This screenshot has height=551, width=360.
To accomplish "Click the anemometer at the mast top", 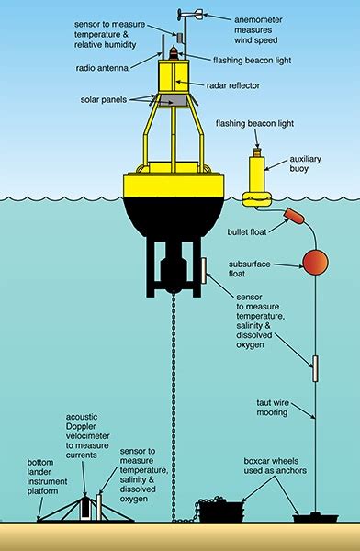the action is point(190,14).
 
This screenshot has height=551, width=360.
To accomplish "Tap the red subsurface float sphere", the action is point(315,262).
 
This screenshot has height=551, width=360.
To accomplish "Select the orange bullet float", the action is point(294,215).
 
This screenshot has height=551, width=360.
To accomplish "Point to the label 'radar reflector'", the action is point(232,85).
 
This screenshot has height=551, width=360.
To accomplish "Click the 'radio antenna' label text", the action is point(102,68).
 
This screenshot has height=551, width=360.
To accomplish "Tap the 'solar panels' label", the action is point(104,99).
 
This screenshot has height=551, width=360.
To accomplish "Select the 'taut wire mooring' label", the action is point(272,408).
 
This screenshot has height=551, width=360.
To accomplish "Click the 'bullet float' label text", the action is point(247,232).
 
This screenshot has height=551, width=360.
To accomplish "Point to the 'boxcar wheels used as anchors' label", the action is point(275,466).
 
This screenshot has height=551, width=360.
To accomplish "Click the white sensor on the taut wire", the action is point(315,368).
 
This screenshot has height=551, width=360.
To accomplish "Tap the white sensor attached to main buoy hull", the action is point(204,271).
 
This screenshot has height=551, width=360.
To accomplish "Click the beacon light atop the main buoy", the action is point(174,52).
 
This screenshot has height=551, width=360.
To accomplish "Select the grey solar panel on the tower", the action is point(172,100).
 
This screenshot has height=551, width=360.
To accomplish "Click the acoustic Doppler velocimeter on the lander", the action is point(84,508).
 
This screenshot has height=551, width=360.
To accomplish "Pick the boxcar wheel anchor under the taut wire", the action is point(315,518).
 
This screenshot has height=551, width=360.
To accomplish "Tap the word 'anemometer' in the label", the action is point(258,19).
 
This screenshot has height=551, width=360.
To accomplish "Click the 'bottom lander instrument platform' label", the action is point(47,477).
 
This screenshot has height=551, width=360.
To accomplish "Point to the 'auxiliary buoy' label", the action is point(305,163).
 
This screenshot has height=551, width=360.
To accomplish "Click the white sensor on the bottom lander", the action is point(99,507).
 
